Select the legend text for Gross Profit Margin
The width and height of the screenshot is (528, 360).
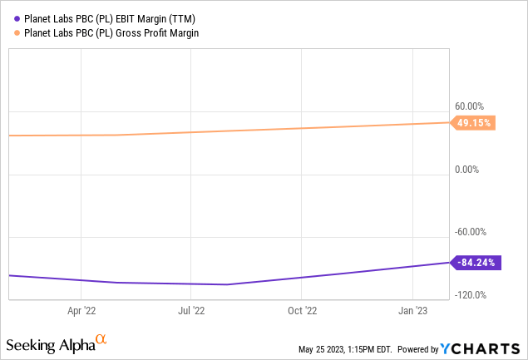pos(104,32)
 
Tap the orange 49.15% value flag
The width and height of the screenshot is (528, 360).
pos(474,123)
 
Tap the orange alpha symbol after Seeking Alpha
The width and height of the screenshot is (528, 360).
pos(101,340)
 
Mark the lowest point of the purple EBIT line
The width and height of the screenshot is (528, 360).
pos(226,284)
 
